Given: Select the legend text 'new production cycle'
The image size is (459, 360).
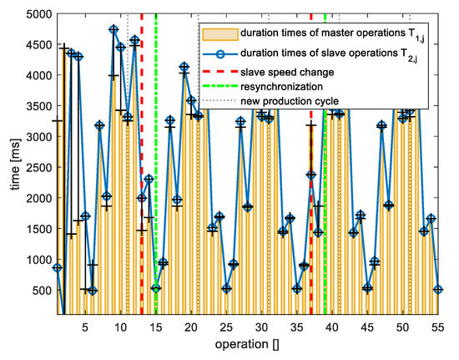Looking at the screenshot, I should pyautogui.click(x=282, y=101).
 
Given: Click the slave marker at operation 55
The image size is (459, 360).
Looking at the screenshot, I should pyautogui.click(x=439, y=290).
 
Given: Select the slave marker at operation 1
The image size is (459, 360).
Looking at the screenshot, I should pyautogui.click(x=57, y=267).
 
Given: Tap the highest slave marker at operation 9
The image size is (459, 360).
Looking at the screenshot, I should pyautogui.click(x=113, y=29).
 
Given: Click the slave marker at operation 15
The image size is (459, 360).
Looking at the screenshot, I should pyautogui.click(x=156, y=288).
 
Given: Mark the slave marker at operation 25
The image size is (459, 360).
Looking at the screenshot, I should pyautogui.click(x=226, y=289).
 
